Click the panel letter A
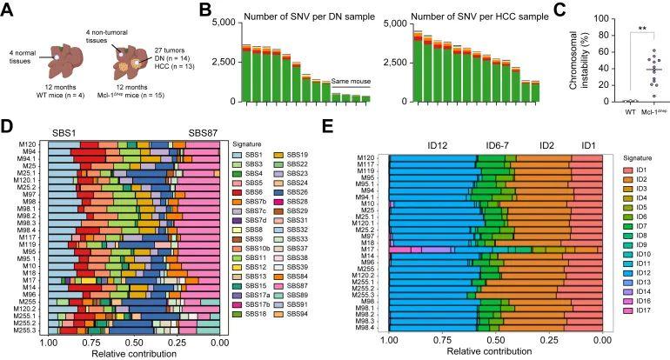pos(6,8)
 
